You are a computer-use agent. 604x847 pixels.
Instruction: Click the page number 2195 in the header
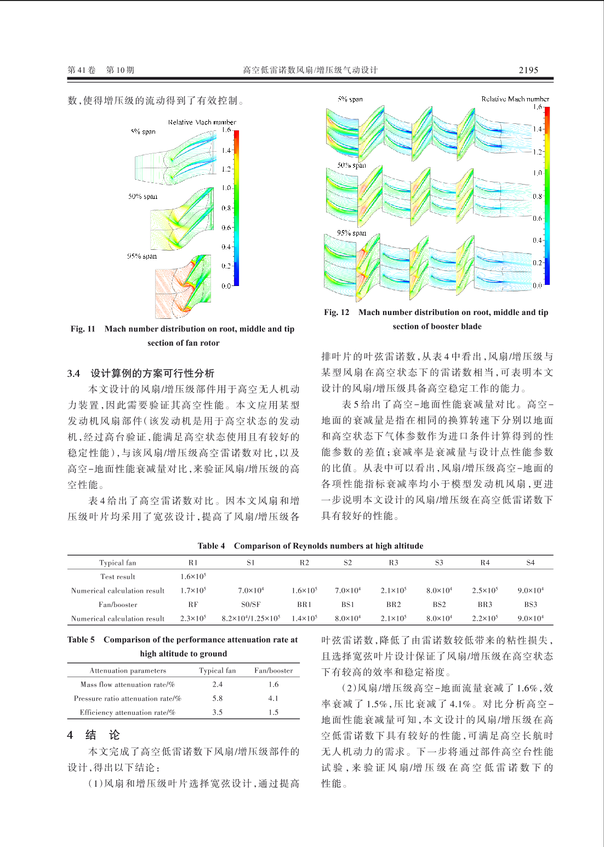(528, 70)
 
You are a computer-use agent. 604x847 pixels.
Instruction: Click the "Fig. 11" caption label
(83, 329)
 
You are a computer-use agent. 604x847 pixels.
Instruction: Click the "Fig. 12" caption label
(337, 312)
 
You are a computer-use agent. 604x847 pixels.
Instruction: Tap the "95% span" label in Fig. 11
(142, 256)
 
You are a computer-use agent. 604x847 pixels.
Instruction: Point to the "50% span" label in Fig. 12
(351, 165)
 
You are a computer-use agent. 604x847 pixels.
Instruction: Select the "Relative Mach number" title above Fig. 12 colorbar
(515, 99)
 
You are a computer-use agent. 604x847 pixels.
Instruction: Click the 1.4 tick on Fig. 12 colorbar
(538, 129)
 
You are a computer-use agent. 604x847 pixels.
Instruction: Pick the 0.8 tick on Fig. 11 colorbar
(226, 208)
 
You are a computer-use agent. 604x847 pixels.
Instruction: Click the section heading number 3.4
(73, 373)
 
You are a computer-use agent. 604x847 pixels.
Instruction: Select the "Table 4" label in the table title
(211, 546)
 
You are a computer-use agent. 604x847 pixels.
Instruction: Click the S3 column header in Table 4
(439, 563)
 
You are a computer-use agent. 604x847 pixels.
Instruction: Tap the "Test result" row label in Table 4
(117, 577)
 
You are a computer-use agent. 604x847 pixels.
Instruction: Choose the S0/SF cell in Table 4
(250, 605)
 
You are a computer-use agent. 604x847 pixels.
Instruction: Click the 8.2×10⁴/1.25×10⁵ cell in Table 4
(250, 619)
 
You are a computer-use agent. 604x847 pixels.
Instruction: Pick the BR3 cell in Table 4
(485, 605)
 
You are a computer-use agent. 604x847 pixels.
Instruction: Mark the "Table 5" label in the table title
(81, 639)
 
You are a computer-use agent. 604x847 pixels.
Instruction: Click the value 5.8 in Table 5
(218, 699)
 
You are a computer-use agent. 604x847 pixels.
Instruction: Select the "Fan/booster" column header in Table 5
(273, 671)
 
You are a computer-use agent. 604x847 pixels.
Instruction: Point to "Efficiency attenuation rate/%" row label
(127, 712)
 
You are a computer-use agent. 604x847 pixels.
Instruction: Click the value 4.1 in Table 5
(273, 699)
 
